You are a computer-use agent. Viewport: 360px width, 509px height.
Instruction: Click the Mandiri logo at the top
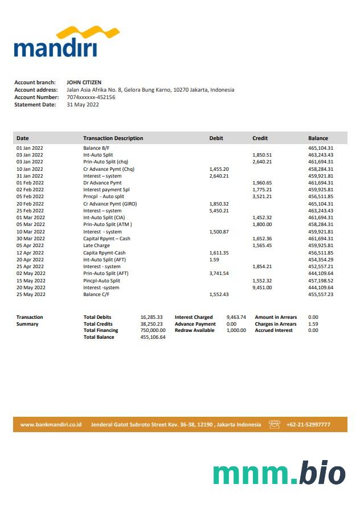[55, 42]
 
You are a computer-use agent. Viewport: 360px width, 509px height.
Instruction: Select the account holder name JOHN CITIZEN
[84, 83]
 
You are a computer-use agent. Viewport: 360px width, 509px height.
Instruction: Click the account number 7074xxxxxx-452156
[91, 97]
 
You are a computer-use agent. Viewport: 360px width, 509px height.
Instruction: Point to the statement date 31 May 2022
[83, 105]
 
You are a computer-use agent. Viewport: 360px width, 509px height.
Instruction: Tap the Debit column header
[216, 138]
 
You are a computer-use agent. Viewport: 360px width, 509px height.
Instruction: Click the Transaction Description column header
[113, 138]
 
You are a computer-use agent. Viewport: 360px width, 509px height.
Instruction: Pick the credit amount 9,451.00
[262, 288]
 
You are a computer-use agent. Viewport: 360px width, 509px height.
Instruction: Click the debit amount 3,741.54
[219, 273]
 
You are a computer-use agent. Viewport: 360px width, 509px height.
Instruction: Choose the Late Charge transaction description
[96, 245]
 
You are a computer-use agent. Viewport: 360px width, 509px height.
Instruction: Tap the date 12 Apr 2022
[30, 253]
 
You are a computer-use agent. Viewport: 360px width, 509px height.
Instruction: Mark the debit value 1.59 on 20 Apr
[214, 260]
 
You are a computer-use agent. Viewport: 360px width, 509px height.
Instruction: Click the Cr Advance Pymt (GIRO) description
[110, 204]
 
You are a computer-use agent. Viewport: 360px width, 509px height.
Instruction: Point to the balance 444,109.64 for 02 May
[321, 273]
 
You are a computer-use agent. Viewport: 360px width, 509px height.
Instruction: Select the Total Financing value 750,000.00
[153, 330]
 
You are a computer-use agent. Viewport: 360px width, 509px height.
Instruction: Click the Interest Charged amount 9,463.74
[236, 317]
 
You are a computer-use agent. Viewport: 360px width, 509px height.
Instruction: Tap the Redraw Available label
[194, 330]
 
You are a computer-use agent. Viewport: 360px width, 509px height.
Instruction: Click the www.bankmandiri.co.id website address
[51, 425]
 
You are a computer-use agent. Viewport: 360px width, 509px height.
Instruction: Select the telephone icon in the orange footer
[275, 425]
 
